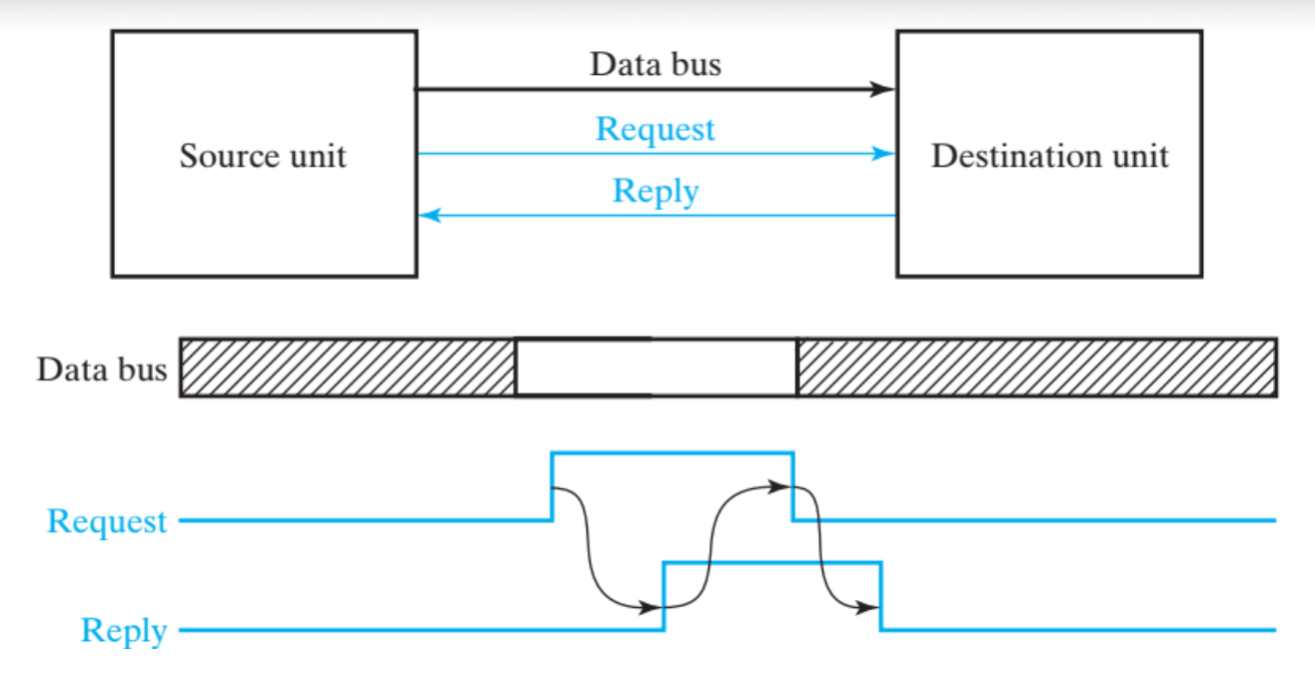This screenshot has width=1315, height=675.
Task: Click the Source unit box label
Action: [x=263, y=157]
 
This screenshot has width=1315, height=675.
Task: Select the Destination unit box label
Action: [x=1049, y=157]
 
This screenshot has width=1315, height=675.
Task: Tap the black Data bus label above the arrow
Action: [x=655, y=65]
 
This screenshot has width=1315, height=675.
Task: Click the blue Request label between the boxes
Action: [x=655, y=130]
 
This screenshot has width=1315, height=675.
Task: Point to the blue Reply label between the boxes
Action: [x=655, y=191]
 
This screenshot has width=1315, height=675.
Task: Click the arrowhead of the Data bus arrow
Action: [x=883, y=90]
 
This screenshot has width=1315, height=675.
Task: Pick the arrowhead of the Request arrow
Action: [x=883, y=154]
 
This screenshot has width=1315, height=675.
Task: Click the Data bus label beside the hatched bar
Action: [x=101, y=369]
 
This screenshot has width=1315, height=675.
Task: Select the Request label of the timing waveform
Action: [x=107, y=521]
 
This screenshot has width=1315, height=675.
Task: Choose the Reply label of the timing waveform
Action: [x=124, y=631]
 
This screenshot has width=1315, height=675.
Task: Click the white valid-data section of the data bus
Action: [x=656, y=367]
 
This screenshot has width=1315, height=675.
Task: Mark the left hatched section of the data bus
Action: [x=348, y=367]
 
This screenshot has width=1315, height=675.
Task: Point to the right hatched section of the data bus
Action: [x=1036, y=367]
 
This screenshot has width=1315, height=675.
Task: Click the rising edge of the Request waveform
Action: [x=553, y=486]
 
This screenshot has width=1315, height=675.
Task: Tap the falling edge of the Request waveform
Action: [x=793, y=486]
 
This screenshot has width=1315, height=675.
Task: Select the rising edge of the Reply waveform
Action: [x=664, y=597]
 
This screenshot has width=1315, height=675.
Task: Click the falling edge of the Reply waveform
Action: [x=881, y=597]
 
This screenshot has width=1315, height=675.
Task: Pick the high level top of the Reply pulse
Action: [x=772, y=563]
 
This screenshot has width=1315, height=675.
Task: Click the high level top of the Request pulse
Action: [x=672, y=453]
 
